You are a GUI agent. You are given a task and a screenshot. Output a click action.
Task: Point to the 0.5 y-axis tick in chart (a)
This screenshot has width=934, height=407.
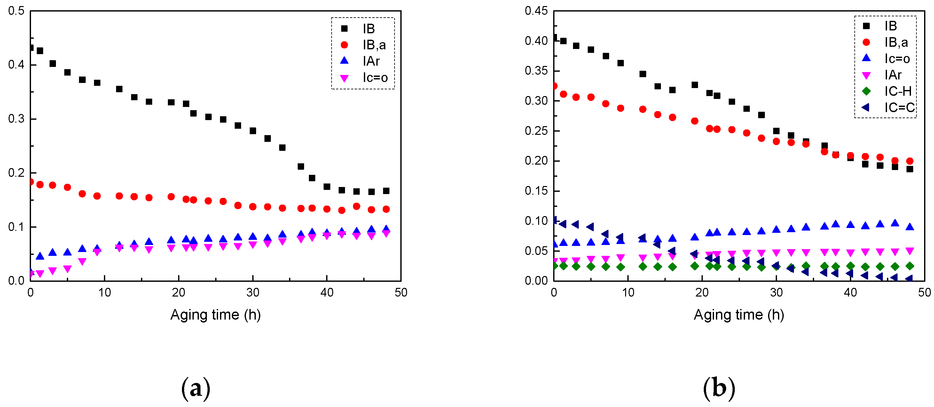(16, 11)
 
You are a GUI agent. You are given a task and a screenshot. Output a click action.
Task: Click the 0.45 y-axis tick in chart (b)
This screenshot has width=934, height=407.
(536, 11)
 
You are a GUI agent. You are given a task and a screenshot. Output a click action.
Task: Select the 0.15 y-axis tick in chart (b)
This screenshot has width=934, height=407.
(536, 191)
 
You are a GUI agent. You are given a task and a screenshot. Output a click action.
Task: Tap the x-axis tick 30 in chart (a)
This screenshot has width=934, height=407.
(253, 293)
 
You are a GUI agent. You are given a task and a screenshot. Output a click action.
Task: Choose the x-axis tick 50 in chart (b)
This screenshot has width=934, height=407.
(924, 293)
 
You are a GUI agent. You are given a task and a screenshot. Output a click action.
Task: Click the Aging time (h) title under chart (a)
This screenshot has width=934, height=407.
(216, 315)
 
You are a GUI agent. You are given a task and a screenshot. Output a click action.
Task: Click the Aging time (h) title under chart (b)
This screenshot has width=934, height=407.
(739, 315)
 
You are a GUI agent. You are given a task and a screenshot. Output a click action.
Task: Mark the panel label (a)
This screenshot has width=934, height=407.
(195, 388)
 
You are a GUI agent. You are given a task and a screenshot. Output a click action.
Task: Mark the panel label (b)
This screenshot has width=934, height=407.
(719, 388)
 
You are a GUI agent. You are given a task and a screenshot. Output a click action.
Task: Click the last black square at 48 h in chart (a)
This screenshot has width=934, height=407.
(386, 191)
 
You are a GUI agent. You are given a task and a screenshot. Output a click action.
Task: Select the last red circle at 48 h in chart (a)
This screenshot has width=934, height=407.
(386, 209)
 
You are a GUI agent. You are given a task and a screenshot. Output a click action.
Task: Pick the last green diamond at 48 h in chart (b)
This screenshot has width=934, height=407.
(909, 266)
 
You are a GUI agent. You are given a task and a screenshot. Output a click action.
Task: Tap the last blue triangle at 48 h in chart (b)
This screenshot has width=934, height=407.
(909, 227)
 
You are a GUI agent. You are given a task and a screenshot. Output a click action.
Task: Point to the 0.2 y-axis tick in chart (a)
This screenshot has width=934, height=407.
(16, 173)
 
